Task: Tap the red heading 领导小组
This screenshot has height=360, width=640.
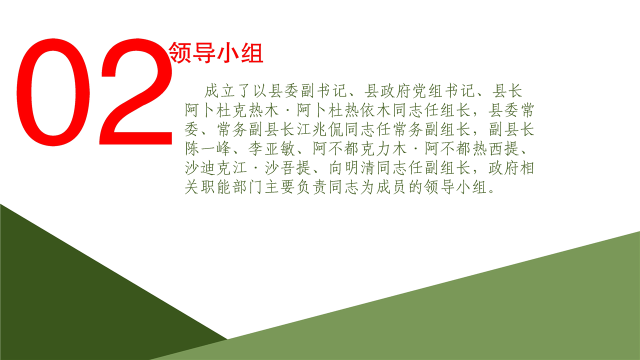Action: pyautogui.click(x=216, y=52)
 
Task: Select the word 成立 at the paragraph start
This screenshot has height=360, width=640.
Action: pyautogui.click(x=219, y=91)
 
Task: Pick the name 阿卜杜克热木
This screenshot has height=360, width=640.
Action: pyautogui.click(x=231, y=110)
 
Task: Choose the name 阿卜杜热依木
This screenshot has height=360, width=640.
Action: pyautogui.click(x=343, y=110)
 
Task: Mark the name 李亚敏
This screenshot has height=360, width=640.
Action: pyautogui.click(x=271, y=148)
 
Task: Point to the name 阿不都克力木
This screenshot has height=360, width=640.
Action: pyautogui.click(x=359, y=148)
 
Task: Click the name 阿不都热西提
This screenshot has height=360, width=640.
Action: pyautogui.click(x=471, y=148)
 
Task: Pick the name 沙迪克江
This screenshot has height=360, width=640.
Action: pyautogui.click(x=215, y=167)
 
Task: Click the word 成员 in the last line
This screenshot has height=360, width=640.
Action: pyautogui.click(x=391, y=187)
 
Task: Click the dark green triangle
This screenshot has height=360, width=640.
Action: pyautogui.click(x=71, y=300)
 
